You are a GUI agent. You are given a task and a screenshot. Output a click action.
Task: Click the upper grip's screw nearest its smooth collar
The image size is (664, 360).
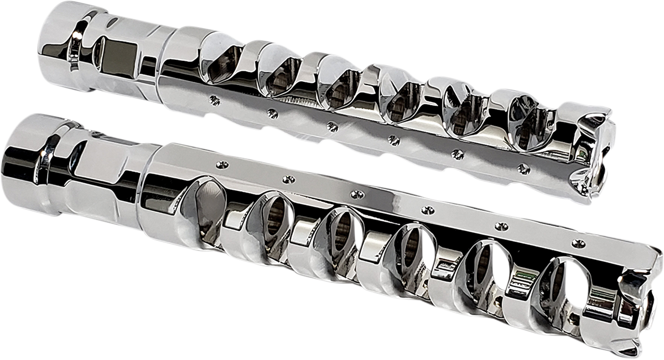[x=214, y=100]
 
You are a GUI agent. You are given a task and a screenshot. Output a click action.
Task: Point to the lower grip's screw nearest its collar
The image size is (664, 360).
[x=222, y=165]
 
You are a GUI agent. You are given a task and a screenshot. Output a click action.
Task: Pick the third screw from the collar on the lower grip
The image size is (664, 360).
[x=358, y=194]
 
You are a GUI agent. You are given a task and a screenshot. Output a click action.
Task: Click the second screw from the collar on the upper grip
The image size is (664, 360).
[x=272, y=113]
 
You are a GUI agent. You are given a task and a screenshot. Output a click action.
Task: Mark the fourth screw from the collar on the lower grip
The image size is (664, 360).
[x=428, y=210]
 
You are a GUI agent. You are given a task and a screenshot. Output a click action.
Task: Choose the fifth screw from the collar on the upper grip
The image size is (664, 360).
[x=458, y=153]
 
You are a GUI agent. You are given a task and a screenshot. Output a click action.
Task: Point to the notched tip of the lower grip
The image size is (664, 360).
[x=636, y=310]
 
